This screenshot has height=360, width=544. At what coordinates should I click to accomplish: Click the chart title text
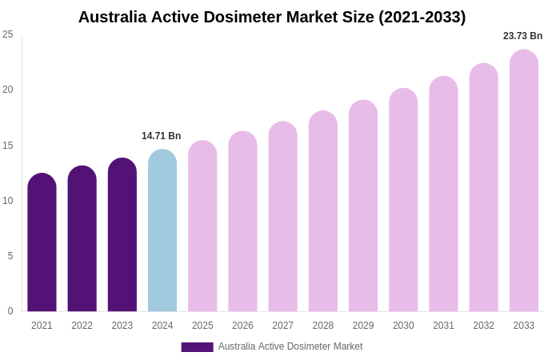(x=272, y=17)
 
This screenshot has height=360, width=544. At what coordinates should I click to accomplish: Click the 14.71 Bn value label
(x=162, y=136)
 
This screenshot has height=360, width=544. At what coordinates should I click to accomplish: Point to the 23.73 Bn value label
(x=522, y=36)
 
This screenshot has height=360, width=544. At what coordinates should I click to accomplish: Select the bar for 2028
(x=323, y=211)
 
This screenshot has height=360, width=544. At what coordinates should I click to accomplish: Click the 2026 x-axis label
(x=242, y=326)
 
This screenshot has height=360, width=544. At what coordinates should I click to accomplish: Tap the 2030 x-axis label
(x=403, y=326)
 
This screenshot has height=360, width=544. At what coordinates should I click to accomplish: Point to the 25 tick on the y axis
(x=8, y=34)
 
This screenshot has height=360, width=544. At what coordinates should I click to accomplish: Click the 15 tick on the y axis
(x=8, y=146)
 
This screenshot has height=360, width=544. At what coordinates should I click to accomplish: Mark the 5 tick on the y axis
(x=10, y=256)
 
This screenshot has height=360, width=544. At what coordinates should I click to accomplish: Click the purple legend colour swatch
(x=197, y=347)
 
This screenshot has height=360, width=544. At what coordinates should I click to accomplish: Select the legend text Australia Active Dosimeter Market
(x=290, y=346)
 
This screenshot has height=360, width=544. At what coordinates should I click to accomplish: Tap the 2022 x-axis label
(x=82, y=326)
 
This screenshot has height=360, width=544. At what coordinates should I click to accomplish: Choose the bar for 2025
(x=202, y=226)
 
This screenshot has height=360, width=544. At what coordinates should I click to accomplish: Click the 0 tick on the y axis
(x=10, y=311)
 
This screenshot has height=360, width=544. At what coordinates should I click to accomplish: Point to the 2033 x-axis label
(x=524, y=326)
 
